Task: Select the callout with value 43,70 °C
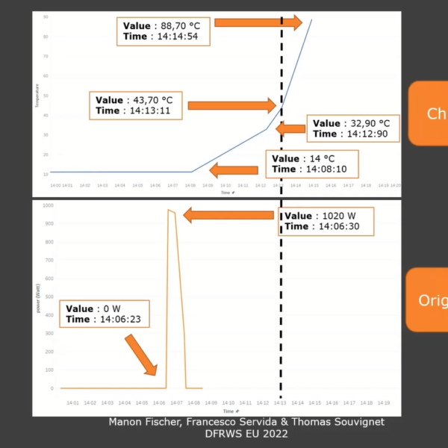point(137,105)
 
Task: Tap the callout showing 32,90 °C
point(352,128)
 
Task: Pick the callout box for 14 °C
point(311,164)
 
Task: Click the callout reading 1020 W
point(327,221)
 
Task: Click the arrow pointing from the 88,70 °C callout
point(258,23)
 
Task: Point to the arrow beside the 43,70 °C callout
point(232,105)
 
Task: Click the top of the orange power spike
point(171,211)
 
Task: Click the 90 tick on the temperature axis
point(46,16)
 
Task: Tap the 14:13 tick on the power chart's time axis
point(280,402)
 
